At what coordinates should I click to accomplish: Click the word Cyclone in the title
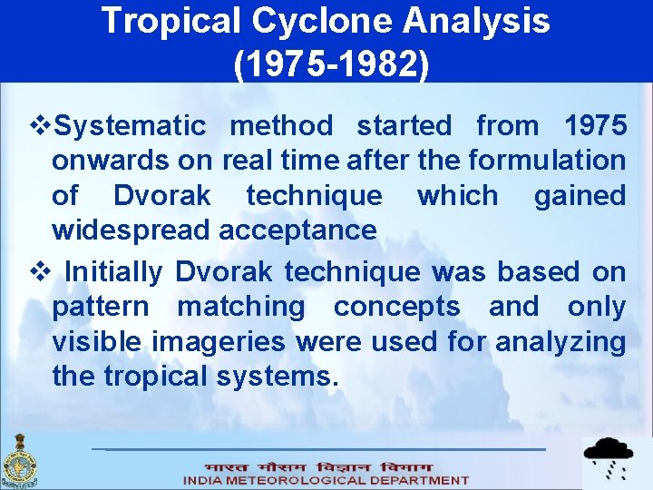326,20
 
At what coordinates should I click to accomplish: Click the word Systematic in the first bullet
131,126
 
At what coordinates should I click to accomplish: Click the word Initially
114,271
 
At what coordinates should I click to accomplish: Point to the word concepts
396,307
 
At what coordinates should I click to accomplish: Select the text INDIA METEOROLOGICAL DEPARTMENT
326,480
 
